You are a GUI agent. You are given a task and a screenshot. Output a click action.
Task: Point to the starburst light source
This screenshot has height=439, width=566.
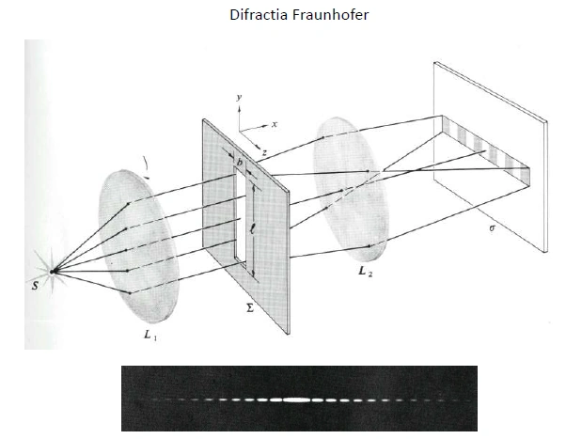[x=53, y=273]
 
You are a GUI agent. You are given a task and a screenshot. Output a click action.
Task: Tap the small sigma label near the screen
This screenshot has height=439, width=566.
[x=481, y=226]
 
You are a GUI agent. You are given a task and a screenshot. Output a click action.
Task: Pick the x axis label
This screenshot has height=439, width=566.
[x=274, y=123]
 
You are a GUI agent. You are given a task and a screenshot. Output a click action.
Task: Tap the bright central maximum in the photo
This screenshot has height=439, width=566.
[x=296, y=400]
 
